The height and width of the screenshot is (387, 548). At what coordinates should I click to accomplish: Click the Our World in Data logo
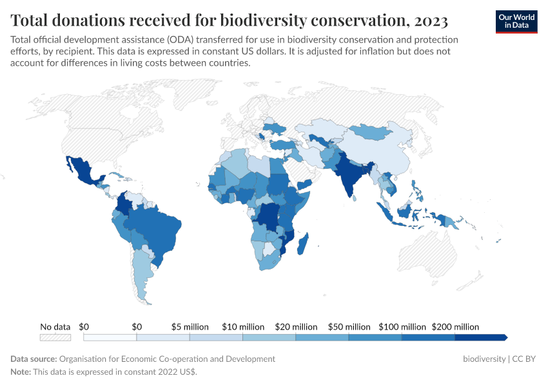click(516, 21)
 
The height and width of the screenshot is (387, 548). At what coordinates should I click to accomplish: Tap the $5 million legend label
click(190, 327)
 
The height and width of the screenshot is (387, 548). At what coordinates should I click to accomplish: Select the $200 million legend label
click(455, 327)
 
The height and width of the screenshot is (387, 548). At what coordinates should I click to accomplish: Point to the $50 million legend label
click(349, 327)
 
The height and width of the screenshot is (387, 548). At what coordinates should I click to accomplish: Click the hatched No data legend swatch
click(55, 337)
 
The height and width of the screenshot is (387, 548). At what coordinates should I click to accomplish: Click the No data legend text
click(55, 327)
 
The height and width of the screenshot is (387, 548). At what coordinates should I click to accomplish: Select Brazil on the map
click(155, 226)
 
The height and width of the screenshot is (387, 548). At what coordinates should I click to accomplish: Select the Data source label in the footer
click(34, 359)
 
